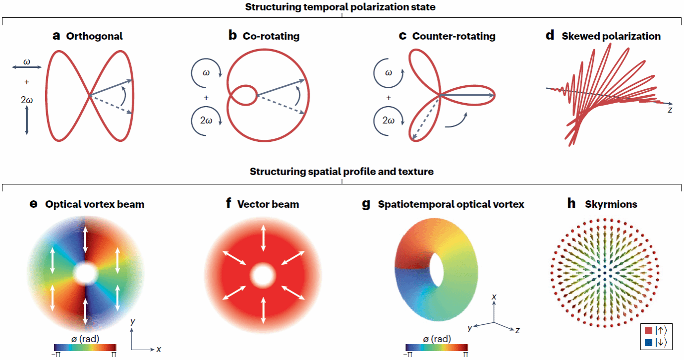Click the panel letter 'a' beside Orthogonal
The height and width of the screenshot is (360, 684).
click(x=57, y=36)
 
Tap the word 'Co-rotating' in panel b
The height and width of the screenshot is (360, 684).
click(x=271, y=36)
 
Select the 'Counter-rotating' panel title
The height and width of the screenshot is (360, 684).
click(x=454, y=36)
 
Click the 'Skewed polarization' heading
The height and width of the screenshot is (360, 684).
click(x=611, y=36)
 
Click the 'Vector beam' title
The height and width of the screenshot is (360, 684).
click(x=268, y=204)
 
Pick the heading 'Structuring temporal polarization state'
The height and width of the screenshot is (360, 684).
click(x=342, y=6)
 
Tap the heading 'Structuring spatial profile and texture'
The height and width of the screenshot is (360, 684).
click(x=342, y=172)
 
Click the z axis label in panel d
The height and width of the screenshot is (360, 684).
click(x=670, y=110)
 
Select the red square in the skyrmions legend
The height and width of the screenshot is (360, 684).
click(x=648, y=330)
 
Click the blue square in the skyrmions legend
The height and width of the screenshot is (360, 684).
click(x=648, y=342)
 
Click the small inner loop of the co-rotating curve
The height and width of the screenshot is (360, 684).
click(x=245, y=95)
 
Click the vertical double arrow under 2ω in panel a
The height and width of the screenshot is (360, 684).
click(x=26, y=122)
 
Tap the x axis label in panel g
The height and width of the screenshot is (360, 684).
click(x=494, y=296)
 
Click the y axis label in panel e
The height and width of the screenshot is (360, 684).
click(x=132, y=322)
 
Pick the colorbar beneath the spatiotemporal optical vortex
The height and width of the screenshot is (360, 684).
click(x=436, y=348)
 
